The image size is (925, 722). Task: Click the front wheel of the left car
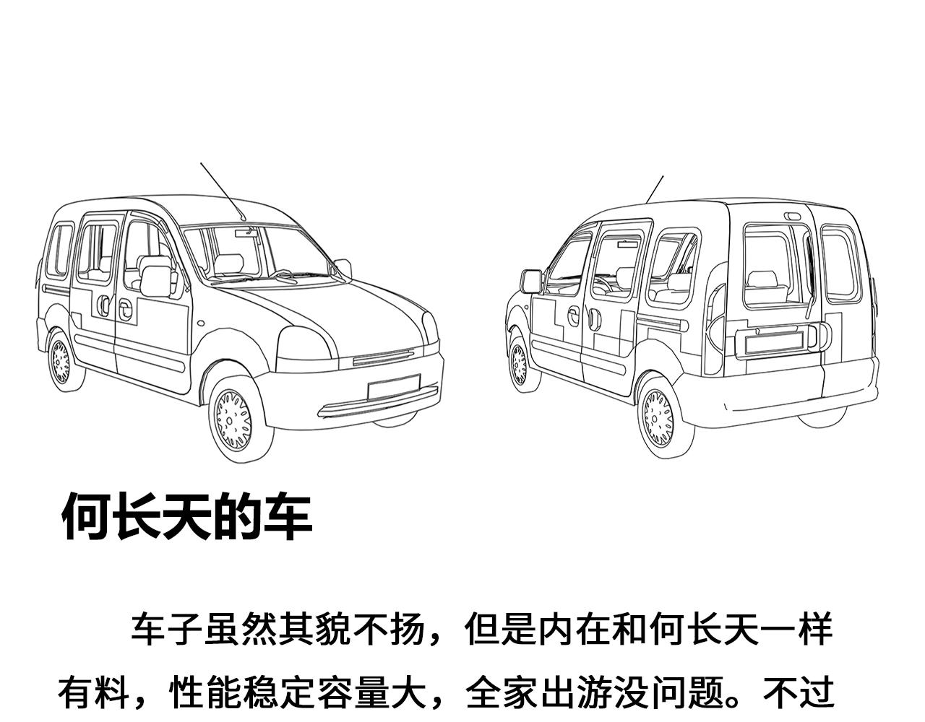click(241, 419)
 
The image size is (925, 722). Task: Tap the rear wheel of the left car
click(65, 362)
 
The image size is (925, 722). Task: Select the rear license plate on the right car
click(774, 343)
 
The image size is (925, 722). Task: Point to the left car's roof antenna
click(223, 192)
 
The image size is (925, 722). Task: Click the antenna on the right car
click(655, 190)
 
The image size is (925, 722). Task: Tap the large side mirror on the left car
click(156, 281)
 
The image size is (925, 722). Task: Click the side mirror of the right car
click(531, 282)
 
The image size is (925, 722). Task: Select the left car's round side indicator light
click(201, 323)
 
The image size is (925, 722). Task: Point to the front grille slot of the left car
click(384, 357)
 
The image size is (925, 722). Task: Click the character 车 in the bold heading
click(288, 517)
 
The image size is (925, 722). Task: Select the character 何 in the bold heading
click(87, 517)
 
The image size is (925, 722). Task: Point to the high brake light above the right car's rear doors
click(792, 217)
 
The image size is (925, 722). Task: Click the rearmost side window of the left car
click(60, 251)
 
